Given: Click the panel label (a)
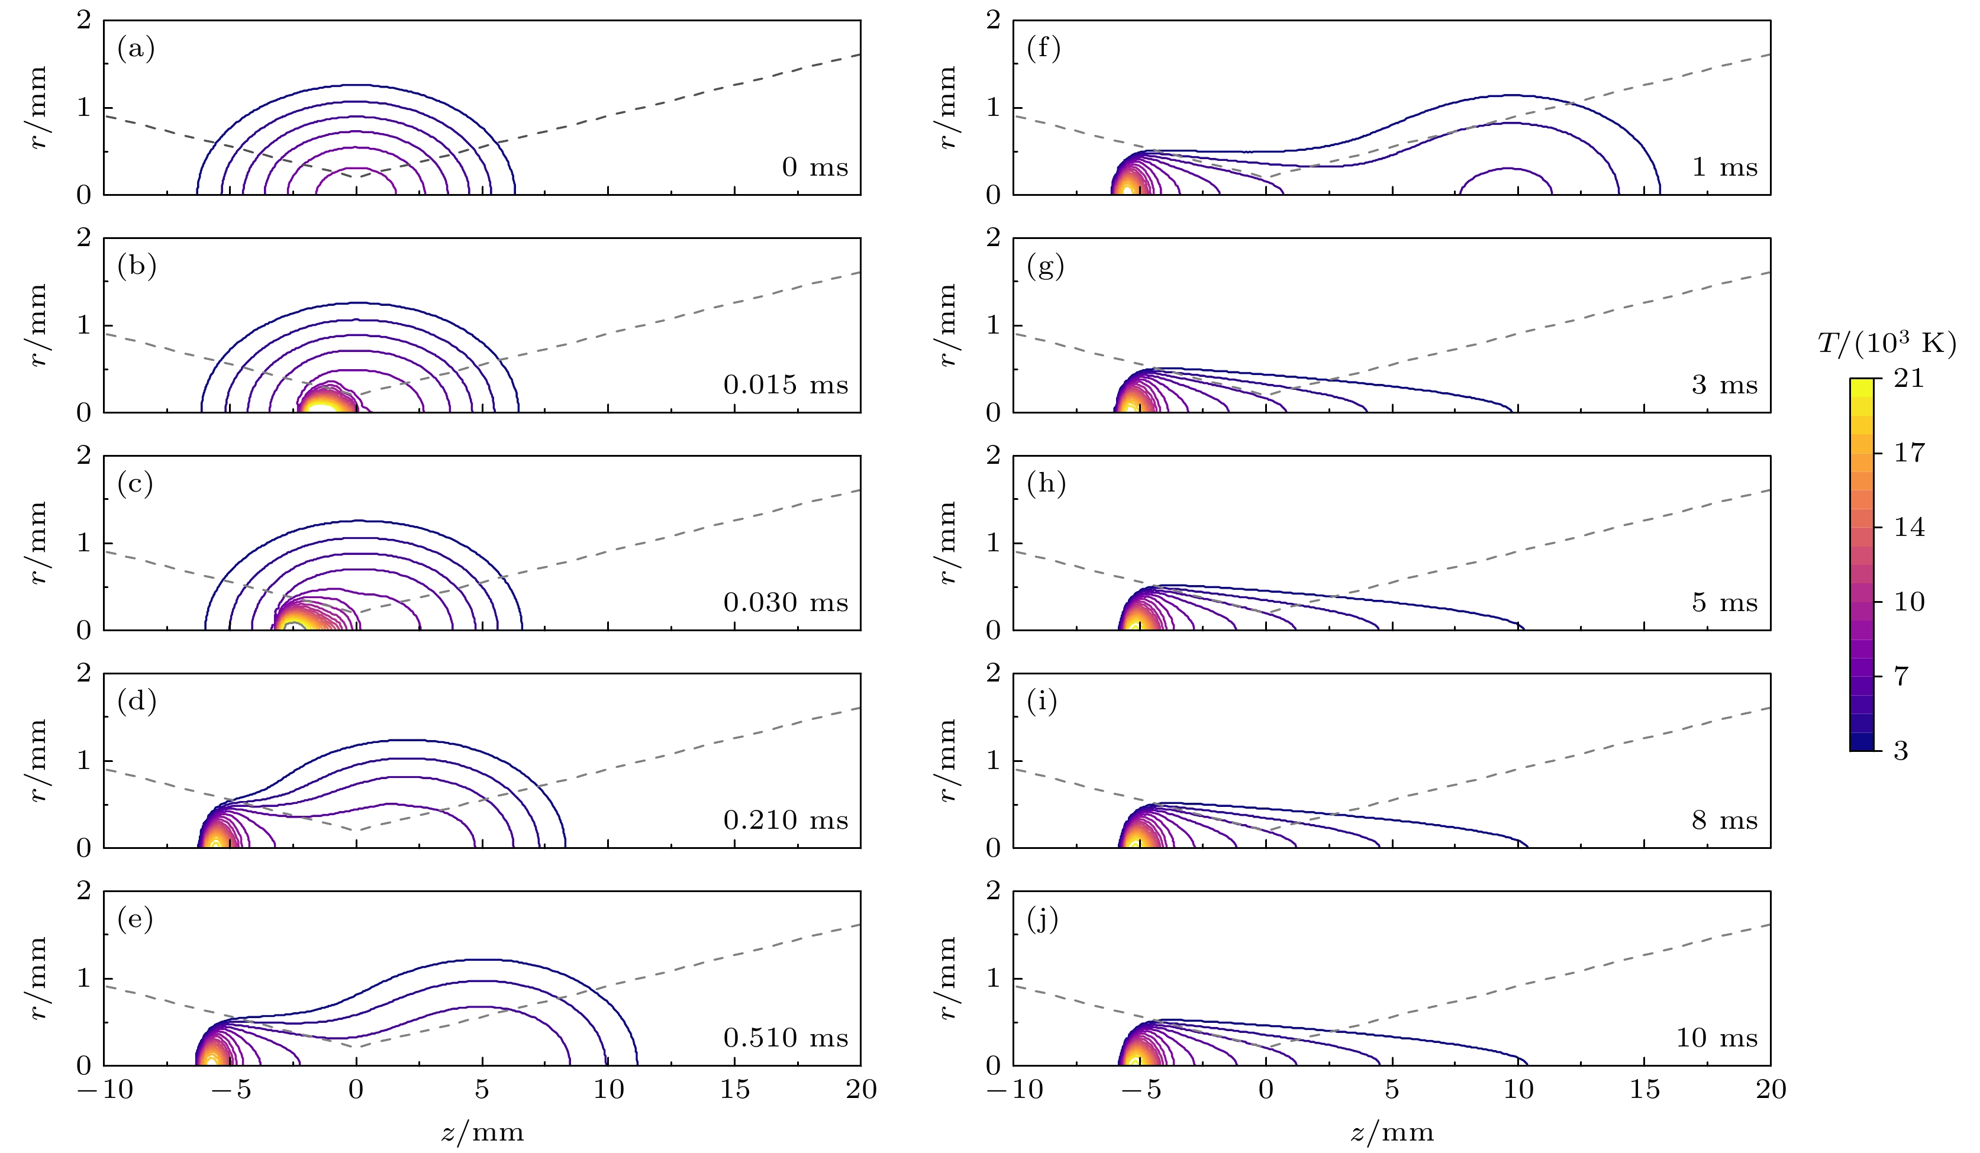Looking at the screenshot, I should pyautogui.click(x=136, y=50).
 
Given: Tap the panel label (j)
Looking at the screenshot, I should pyautogui.click(x=1043, y=918).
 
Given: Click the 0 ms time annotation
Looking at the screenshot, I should pyautogui.click(x=815, y=167).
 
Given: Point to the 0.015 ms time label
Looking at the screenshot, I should pyautogui.click(x=786, y=385).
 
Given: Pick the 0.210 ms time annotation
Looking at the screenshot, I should pyautogui.click(x=786, y=821).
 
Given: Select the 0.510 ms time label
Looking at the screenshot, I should pyautogui.click(x=786, y=1038).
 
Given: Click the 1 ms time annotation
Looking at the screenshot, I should pyautogui.click(x=1724, y=167).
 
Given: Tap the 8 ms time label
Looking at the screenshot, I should pyautogui.click(x=1724, y=821).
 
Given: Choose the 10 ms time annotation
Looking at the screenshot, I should pyautogui.click(x=1717, y=1038).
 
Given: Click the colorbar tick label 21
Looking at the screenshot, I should pyautogui.click(x=1908, y=379).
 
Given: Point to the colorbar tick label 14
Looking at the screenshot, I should pyautogui.click(x=1908, y=527).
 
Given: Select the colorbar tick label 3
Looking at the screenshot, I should pyautogui.click(x=1901, y=751).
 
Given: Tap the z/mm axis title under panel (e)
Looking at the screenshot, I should pyautogui.click(x=482, y=1132).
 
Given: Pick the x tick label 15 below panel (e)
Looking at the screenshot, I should pyautogui.click(x=734, y=1090).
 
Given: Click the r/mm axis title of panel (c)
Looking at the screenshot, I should pyautogui.click(x=38, y=542).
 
